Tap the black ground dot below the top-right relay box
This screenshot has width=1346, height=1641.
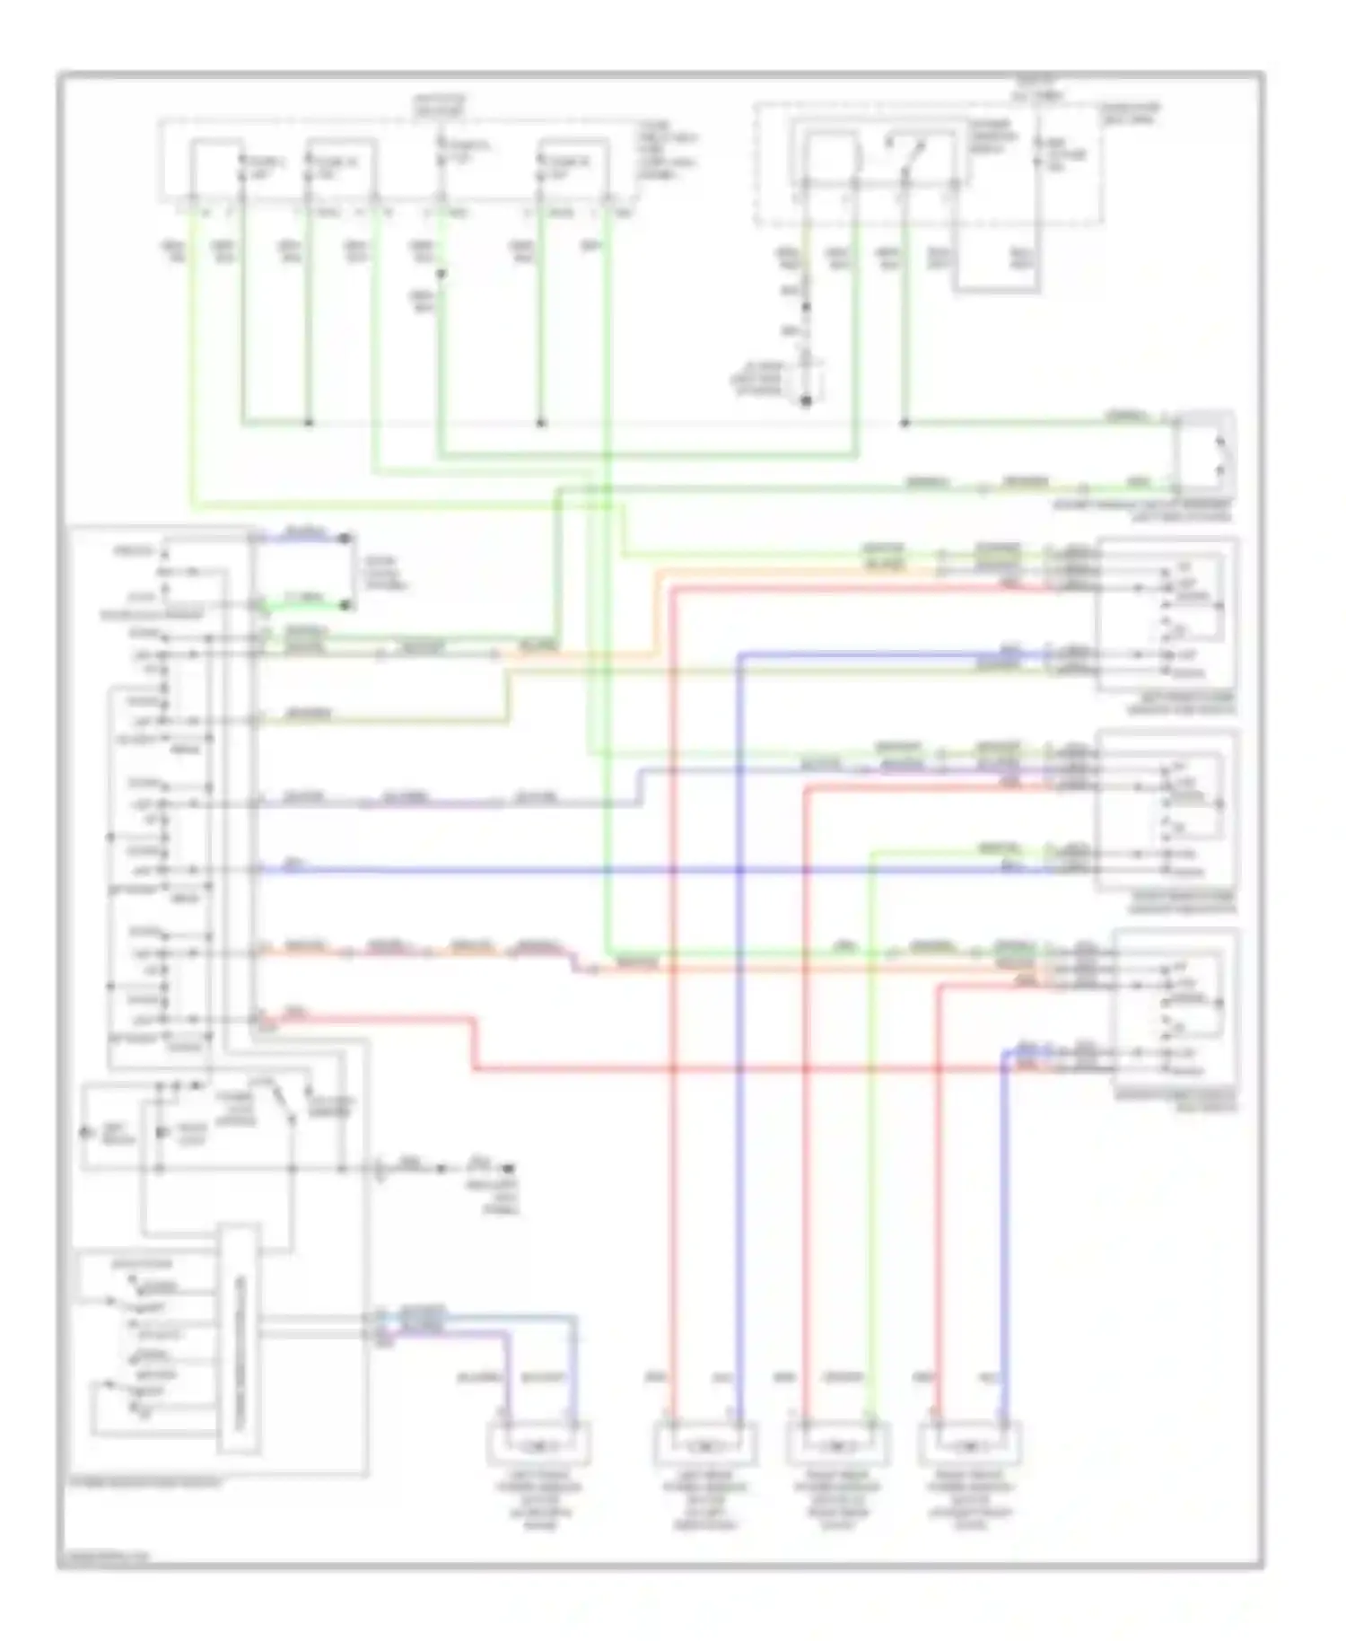point(805,401)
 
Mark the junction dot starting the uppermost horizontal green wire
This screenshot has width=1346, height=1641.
point(905,423)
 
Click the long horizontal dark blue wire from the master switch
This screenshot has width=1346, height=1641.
point(628,870)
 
